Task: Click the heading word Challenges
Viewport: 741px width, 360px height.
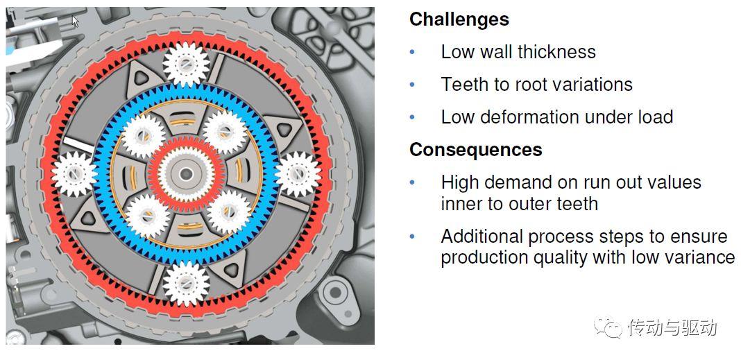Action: pos(459,19)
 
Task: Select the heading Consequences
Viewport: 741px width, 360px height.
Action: pos(476,150)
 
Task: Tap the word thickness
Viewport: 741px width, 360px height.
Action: pos(556,52)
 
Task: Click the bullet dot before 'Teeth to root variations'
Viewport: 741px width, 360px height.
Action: pos(413,85)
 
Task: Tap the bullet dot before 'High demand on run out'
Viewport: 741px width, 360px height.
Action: pos(413,183)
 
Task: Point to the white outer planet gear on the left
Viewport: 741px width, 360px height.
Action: pos(74,174)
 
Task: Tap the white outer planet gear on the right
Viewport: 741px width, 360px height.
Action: pos(298,174)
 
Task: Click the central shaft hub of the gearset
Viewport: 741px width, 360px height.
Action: pos(186,174)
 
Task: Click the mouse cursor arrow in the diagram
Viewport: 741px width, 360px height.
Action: pos(75,22)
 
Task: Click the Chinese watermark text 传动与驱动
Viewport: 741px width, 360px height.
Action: pos(672,327)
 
